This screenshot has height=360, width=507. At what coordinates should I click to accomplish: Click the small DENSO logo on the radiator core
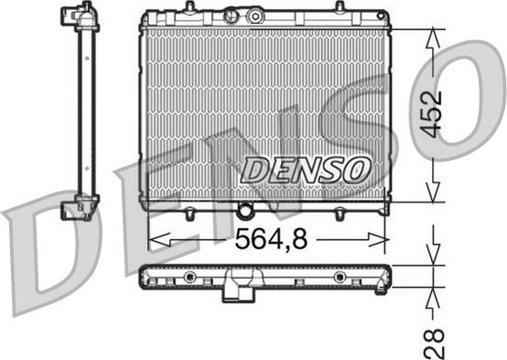pos(306,168)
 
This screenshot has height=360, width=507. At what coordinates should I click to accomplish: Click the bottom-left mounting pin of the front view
pos(189,216)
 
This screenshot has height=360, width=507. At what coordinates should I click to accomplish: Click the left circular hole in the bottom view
pos(189,277)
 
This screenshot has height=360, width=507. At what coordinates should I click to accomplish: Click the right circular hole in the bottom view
pos(340,277)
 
